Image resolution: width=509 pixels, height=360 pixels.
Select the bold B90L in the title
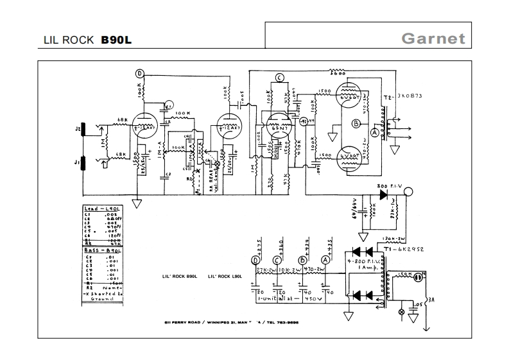click(117, 39)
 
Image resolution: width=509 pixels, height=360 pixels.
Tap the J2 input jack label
click(78, 130)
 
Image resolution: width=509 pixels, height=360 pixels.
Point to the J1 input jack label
click(78, 163)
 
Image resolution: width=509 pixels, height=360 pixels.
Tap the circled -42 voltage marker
click(304, 121)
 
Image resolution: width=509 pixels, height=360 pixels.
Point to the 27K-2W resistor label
click(265, 270)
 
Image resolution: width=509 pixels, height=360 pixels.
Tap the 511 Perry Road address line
click(231, 321)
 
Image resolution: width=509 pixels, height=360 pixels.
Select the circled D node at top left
click(139, 74)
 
